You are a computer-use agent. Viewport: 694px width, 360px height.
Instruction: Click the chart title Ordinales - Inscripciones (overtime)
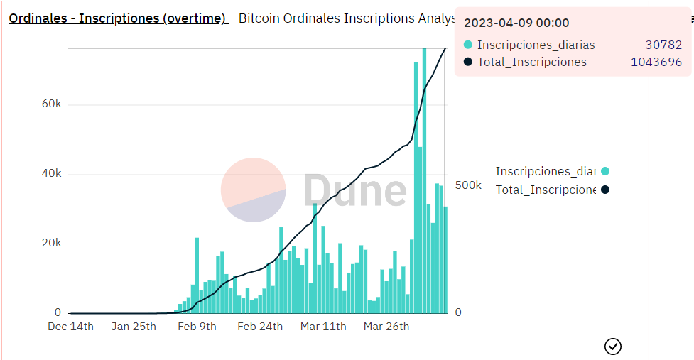pos(117,18)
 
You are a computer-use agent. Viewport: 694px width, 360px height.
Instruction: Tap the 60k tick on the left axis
pos(52,104)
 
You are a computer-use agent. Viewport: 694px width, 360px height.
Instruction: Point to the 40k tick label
pos(52,173)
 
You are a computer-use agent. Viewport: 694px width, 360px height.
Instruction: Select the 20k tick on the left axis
pos(52,243)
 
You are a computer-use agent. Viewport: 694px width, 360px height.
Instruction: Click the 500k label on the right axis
pos(468,185)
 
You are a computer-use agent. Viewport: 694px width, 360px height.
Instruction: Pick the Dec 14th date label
pos(70,327)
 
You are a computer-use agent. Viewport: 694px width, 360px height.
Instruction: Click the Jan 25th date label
pos(134,327)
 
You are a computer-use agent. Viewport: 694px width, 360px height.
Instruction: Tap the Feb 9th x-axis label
pos(197,327)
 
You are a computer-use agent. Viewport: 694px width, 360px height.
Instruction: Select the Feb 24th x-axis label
pos(260,327)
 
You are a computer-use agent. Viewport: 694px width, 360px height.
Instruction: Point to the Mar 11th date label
pos(323,327)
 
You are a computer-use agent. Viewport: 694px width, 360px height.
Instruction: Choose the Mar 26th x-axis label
pos(386,327)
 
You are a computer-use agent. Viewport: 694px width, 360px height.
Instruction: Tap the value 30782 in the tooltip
pos(663,45)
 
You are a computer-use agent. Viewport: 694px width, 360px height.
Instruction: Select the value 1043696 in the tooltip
pos(656,62)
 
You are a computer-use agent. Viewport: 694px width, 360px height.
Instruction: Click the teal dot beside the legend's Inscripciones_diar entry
pos(604,171)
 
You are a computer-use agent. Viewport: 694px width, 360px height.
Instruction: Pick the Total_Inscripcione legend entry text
pos(545,190)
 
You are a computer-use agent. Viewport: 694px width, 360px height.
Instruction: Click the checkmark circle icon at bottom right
pos(612,346)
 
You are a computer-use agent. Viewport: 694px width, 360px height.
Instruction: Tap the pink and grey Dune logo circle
pos(253,190)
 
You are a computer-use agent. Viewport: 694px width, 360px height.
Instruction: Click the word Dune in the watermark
pos(354,190)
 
